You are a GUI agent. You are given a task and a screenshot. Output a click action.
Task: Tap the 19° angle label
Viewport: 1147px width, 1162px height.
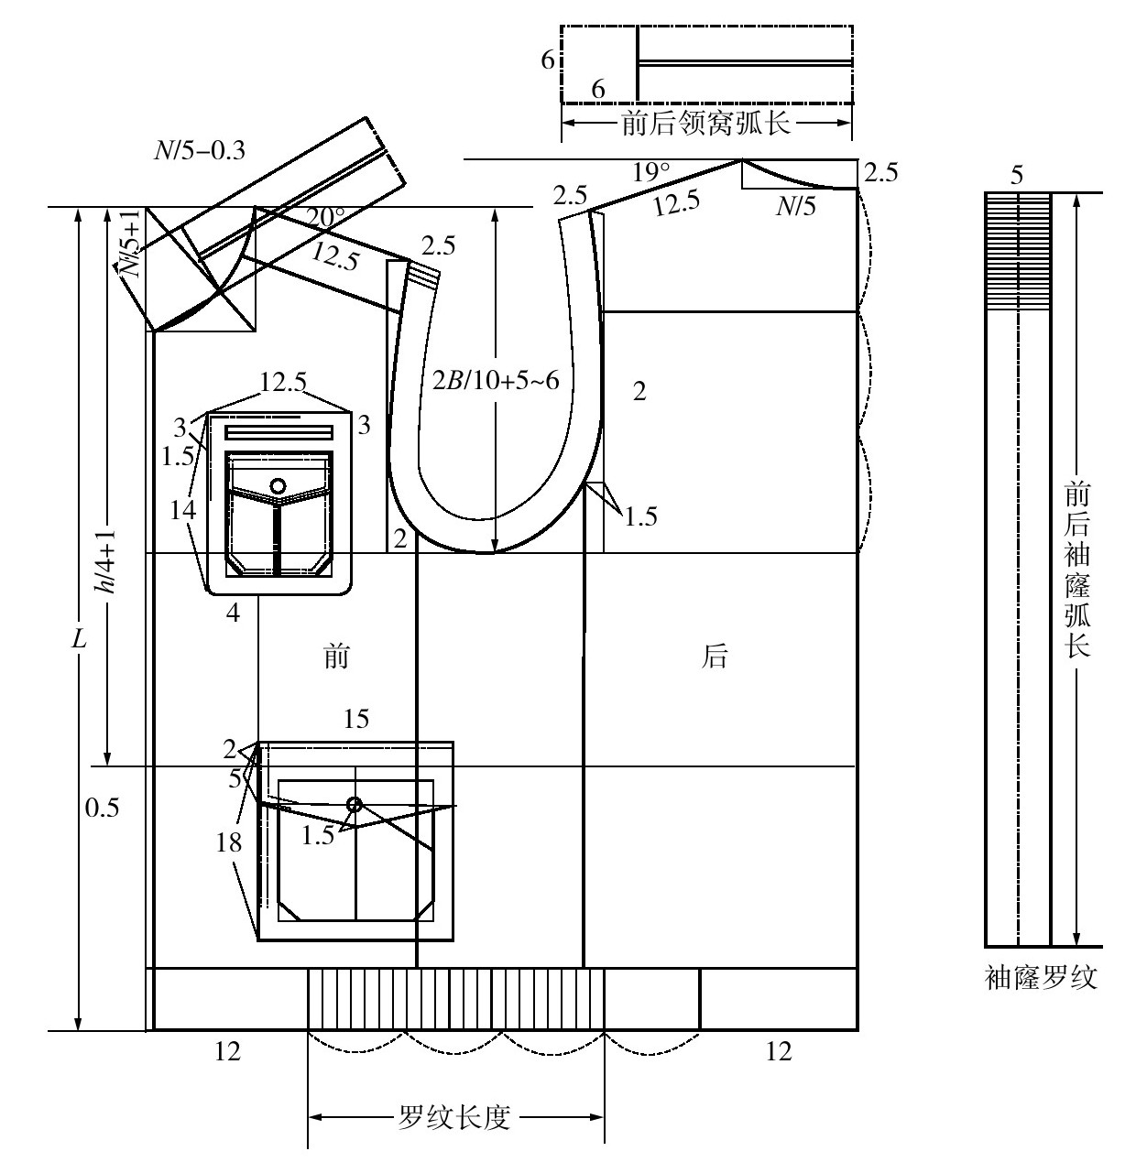coord(651,172)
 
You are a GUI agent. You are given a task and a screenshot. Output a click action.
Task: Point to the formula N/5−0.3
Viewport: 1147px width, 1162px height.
coord(200,150)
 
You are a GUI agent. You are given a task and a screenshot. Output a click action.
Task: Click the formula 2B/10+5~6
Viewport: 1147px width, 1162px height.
coord(496,381)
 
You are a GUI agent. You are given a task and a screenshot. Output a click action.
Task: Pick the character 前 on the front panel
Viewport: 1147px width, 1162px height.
coord(336,656)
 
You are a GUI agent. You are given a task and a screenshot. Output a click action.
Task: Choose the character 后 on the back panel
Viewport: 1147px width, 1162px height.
coord(714,656)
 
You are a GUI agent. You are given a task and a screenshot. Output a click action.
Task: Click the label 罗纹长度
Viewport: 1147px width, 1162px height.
coord(454,1117)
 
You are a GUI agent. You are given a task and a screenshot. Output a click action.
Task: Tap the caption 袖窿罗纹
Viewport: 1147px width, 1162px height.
coord(1041,977)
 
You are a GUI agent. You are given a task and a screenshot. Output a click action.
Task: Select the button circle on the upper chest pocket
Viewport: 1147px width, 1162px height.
coord(278,485)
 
